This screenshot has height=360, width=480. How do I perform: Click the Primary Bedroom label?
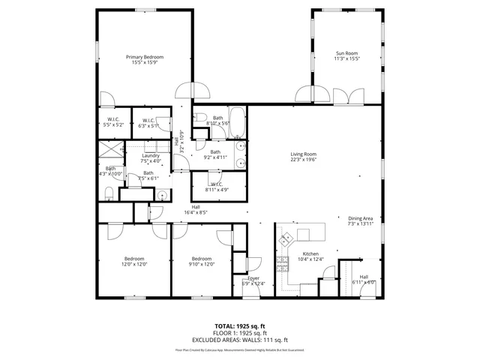pos(145,57)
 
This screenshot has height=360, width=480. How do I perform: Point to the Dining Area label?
pos(360,218)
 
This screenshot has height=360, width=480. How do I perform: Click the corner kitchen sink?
pos(287,240)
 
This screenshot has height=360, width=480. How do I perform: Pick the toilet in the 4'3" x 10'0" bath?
pos(109,194)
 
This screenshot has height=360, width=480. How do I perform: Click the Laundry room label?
pos(151,155)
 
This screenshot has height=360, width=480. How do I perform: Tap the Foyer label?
pos(254,278)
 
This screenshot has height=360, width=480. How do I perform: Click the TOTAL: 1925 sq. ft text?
pos(239,326)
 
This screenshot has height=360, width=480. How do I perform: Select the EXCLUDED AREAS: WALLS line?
pos(239,338)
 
